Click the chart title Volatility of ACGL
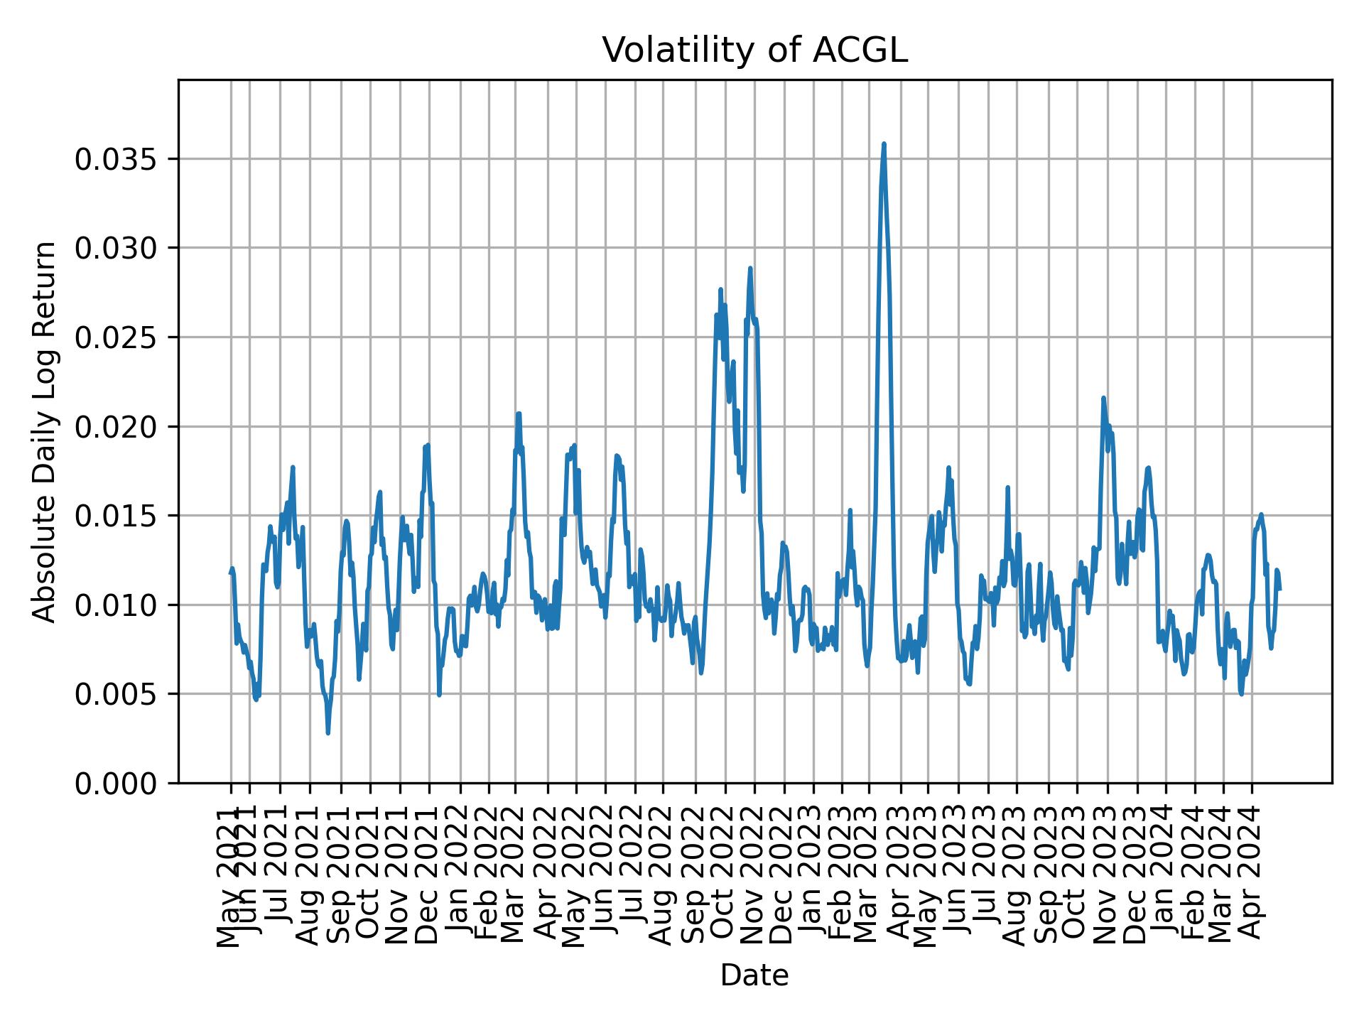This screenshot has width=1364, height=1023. pos(754,50)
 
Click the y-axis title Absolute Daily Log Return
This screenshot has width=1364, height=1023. pos(45,431)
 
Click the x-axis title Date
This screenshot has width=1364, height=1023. pos(754,975)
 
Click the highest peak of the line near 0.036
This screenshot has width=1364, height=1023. pos(884,144)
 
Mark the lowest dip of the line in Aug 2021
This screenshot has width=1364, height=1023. pos(328,732)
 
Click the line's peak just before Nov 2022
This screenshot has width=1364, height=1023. pos(750,269)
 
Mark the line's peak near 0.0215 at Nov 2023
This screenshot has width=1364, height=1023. pos(1103,399)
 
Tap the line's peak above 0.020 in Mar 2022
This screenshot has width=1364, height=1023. pos(519,413)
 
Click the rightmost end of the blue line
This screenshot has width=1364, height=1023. pos(1279,589)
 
